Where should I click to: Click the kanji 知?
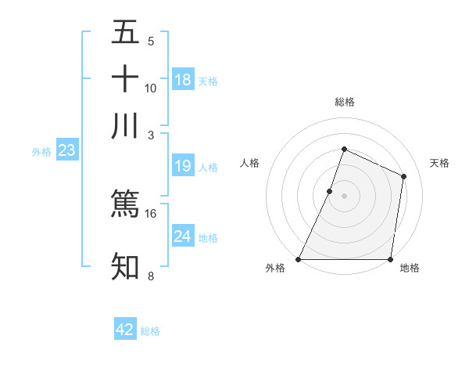[x=125, y=266]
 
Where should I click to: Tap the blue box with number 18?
[x=183, y=80]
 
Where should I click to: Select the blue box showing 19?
[x=183, y=166]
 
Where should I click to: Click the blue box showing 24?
[x=183, y=236]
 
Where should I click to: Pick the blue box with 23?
[x=66, y=151]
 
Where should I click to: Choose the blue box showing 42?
[x=125, y=330]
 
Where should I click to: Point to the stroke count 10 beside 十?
[x=151, y=88]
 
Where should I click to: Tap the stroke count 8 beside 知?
[x=151, y=276]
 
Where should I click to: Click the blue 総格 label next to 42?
[x=151, y=331]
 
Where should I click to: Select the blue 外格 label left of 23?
[x=41, y=153]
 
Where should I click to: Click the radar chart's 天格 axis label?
[x=439, y=163]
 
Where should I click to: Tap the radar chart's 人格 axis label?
[x=250, y=163]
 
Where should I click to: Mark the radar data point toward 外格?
[x=299, y=259]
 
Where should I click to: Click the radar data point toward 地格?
[x=390, y=259]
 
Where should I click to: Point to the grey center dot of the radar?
[x=344, y=196]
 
